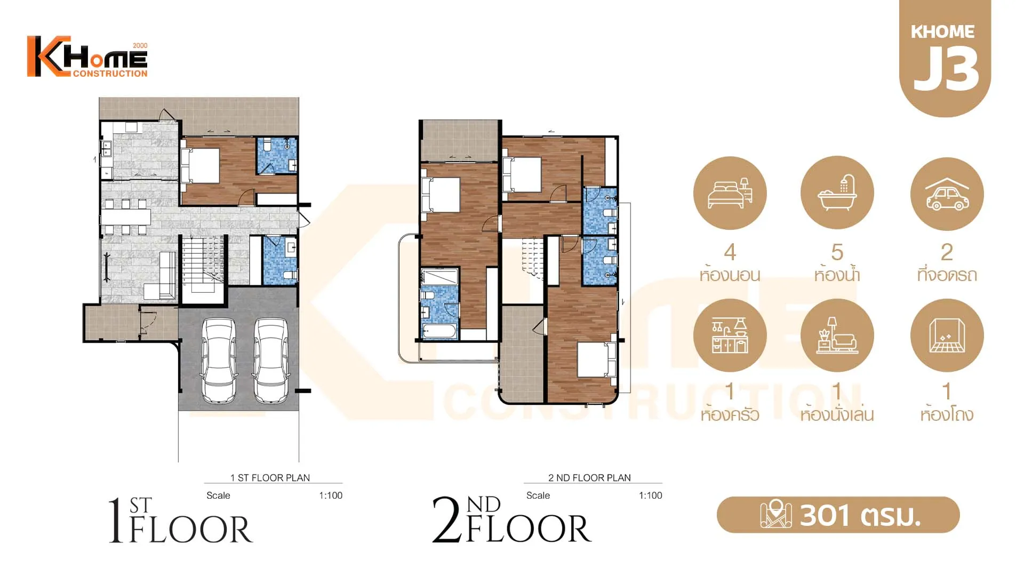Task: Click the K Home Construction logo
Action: tap(87, 57)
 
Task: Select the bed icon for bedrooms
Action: tap(730, 193)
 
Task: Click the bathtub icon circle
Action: tap(837, 193)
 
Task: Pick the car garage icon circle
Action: tap(947, 194)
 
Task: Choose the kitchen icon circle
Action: tap(730, 335)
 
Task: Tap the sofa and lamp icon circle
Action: tap(837, 335)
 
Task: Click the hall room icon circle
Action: tap(947, 335)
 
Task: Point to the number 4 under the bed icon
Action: tap(730, 252)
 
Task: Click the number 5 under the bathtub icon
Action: tap(837, 252)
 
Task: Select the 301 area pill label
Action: tap(838, 515)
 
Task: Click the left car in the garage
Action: tap(218, 361)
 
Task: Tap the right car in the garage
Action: tap(271, 361)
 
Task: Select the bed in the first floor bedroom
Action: tap(201, 166)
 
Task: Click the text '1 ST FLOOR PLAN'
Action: tap(270, 477)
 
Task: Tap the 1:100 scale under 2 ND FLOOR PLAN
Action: tap(650, 495)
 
